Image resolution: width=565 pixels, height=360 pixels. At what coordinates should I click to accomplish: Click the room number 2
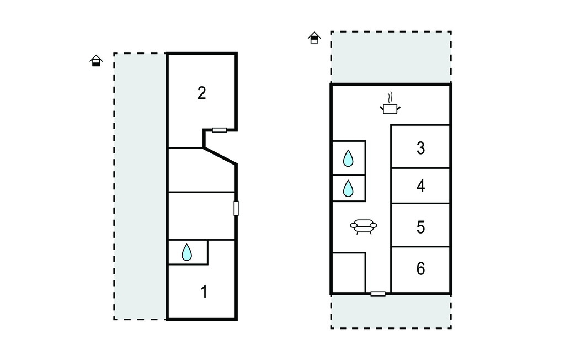[x=202, y=93]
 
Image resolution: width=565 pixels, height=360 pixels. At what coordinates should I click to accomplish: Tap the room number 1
[x=204, y=292]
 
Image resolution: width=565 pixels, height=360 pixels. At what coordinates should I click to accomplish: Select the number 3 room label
[x=420, y=149]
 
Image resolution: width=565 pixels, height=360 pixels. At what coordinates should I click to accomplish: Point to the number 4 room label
[x=420, y=186]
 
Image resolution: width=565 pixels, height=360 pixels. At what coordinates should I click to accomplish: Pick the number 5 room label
[x=420, y=227]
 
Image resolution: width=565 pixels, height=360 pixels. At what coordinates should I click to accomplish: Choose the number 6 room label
[x=420, y=269]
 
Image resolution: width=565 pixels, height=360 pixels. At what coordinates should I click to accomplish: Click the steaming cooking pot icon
[x=390, y=104]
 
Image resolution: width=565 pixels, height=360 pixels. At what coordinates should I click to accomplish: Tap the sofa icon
[x=364, y=226]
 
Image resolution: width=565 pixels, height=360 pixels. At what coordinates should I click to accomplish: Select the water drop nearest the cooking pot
[x=348, y=158]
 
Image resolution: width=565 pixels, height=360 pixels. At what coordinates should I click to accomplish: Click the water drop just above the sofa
[x=348, y=188]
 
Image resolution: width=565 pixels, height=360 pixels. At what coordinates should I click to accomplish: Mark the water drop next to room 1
[x=186, y=252]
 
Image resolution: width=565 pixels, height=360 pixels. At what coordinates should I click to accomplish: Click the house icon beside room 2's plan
[x=96, y=61]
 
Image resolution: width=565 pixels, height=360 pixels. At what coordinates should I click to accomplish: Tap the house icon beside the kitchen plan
[x=314, y=38]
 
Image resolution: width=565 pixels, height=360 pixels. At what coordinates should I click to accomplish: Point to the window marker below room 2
[x=219, y=130]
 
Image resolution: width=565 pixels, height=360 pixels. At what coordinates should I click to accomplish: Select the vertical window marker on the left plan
[x=236, y=209]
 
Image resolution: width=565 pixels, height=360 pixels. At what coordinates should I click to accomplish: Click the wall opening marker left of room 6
[x=378, y=294]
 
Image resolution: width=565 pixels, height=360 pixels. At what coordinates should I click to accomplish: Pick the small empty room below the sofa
[x=349, y=273]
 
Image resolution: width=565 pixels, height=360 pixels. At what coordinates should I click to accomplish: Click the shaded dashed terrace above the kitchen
[x=391, y=57]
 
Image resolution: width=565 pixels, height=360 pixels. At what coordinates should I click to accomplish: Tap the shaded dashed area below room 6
[x=391, y=311]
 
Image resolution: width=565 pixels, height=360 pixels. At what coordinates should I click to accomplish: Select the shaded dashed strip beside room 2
[x=140, y=186]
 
